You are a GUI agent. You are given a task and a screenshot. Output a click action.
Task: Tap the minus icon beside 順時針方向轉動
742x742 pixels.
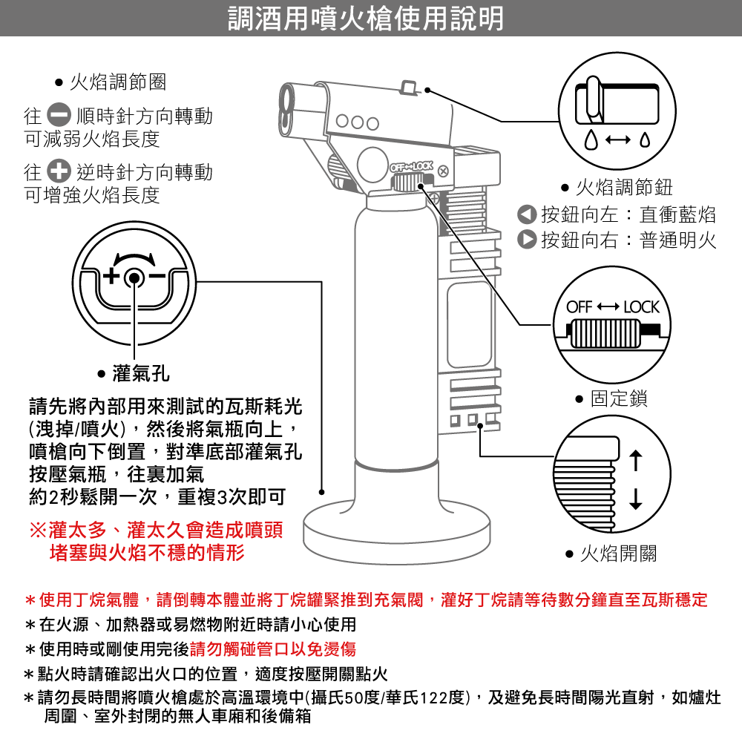[59, 116]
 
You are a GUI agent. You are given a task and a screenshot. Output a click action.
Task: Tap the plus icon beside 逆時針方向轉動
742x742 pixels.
[59, 172]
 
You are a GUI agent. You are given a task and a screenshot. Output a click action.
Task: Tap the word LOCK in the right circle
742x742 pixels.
[641, 307]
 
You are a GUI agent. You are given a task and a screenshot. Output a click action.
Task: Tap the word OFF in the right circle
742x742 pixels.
[580, 307]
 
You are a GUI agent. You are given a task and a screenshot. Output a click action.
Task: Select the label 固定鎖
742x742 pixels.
[618, 399]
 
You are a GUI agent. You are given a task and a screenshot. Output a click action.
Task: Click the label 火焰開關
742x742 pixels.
[617, 554]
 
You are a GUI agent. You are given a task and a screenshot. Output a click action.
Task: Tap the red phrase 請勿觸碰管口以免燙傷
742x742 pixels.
[273, 650]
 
